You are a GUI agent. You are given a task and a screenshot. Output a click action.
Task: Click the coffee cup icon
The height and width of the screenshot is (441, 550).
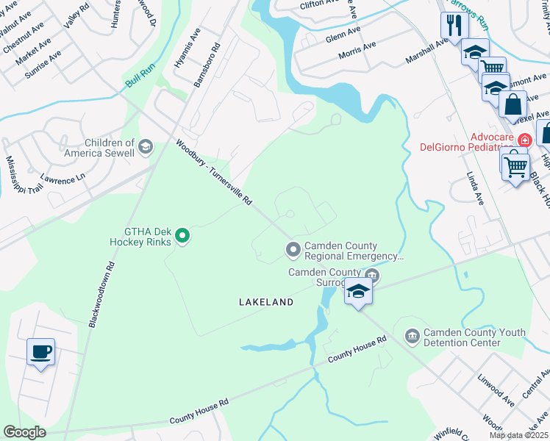[x=40, y=351]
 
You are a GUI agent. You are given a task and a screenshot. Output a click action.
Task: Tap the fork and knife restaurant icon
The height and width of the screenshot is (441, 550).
[x=454, y=26]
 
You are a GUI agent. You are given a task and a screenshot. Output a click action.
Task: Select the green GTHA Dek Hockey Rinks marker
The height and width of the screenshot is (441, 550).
[x=183, y=236]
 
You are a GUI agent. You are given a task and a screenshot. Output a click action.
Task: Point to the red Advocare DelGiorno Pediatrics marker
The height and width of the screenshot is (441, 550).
[x=525, y=140]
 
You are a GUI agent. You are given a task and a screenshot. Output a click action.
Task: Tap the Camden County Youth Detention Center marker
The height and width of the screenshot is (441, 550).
[x=411, y=337]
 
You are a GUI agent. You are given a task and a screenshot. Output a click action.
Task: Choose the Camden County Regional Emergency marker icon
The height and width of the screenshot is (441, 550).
[x=293, y=251]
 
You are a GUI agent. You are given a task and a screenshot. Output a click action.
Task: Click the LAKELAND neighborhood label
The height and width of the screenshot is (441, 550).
[x=265, y=302]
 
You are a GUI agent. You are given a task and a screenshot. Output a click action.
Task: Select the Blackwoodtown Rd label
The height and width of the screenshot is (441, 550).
[x=101, y=293]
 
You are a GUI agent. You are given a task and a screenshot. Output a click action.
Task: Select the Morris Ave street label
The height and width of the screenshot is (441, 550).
[x=357, y=50]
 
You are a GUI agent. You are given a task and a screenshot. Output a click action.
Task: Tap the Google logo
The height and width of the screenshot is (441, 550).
[x=25, y=432]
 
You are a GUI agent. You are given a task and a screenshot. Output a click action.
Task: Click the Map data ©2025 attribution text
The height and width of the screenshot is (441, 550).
[x=518, y=435]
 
